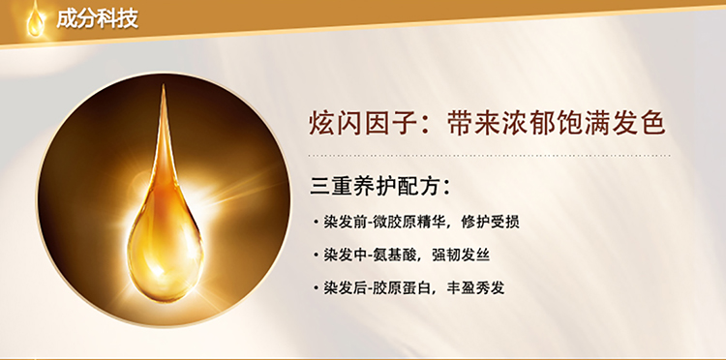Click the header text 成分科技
[97, 19]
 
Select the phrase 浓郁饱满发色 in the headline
[583, 124]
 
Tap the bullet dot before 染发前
[316, 223]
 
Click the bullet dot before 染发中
[316, 255]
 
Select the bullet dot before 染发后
[316, 288]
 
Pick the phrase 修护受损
[491, 222]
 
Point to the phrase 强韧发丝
[461, 255]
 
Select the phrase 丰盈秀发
[475, 288]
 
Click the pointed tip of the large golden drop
[163, 85]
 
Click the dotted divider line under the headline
[489, 156]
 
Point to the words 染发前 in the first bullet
[345, 222]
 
